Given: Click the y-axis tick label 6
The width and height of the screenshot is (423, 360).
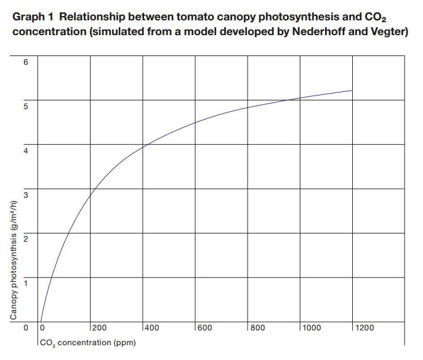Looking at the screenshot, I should pos(26,62).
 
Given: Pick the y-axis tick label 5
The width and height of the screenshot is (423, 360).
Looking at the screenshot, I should pos(26,105).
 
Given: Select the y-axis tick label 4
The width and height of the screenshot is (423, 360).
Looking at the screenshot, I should pos(26,150).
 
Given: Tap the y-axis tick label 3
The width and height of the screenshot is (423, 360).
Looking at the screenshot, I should pos(26,194).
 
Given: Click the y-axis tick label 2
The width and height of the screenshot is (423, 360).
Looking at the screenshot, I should pos(26,239).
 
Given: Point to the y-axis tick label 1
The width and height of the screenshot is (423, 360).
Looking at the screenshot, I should pos(26,283).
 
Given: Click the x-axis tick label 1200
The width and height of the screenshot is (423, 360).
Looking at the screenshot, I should pos(366,328).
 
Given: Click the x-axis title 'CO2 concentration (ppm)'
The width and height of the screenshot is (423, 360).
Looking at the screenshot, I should pos(87,342).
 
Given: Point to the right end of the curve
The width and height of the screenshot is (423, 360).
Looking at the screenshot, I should pos(352,91).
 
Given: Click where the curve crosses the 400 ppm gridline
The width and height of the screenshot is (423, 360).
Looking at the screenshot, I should pos(143,146).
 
